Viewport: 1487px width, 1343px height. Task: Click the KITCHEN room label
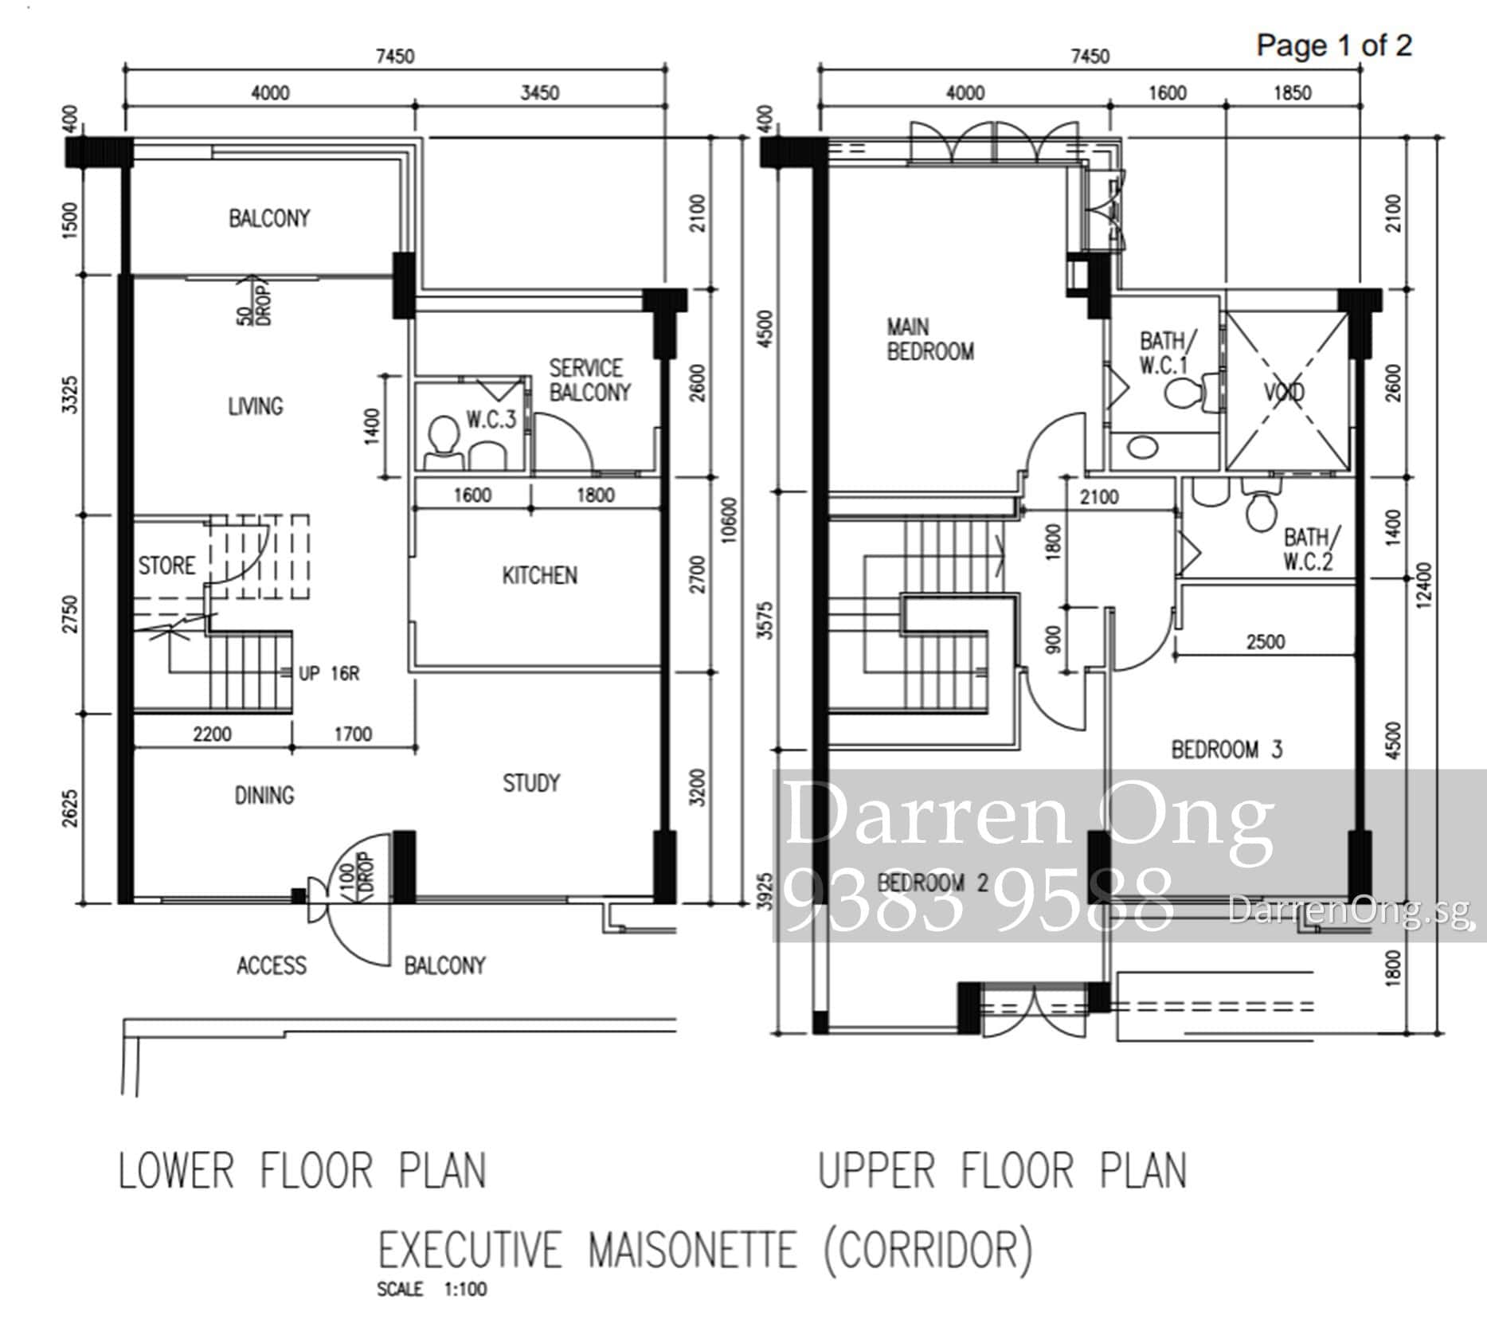click(539, 575)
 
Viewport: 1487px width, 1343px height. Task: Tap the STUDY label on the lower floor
click(531, 783)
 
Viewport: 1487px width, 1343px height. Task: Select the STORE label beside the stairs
click(166, 566)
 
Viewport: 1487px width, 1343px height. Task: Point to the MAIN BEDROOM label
click(930, 339)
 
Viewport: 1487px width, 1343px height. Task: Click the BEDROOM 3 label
click(1227, 750)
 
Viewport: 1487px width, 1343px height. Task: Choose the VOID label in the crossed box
click(1284, 392)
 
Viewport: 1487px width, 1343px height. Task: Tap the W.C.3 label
click(491, 419)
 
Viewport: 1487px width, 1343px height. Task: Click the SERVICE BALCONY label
click(589, 380)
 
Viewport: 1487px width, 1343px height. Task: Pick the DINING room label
click(264, 795)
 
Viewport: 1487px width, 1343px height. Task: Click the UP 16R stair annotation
click(329, 674)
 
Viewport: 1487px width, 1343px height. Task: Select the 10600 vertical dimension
click(730, 520)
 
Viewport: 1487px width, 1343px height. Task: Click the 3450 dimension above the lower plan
click(540, 93)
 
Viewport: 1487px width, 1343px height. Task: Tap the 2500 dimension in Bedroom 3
click(1266, 641)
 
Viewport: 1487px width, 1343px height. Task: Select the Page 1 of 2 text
click(1334, 45)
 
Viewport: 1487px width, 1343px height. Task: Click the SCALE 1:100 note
click(432, 1289)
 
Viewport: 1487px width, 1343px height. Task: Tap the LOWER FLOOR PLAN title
click(303, 1171)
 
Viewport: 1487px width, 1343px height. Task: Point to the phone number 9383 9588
click(979, 899)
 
